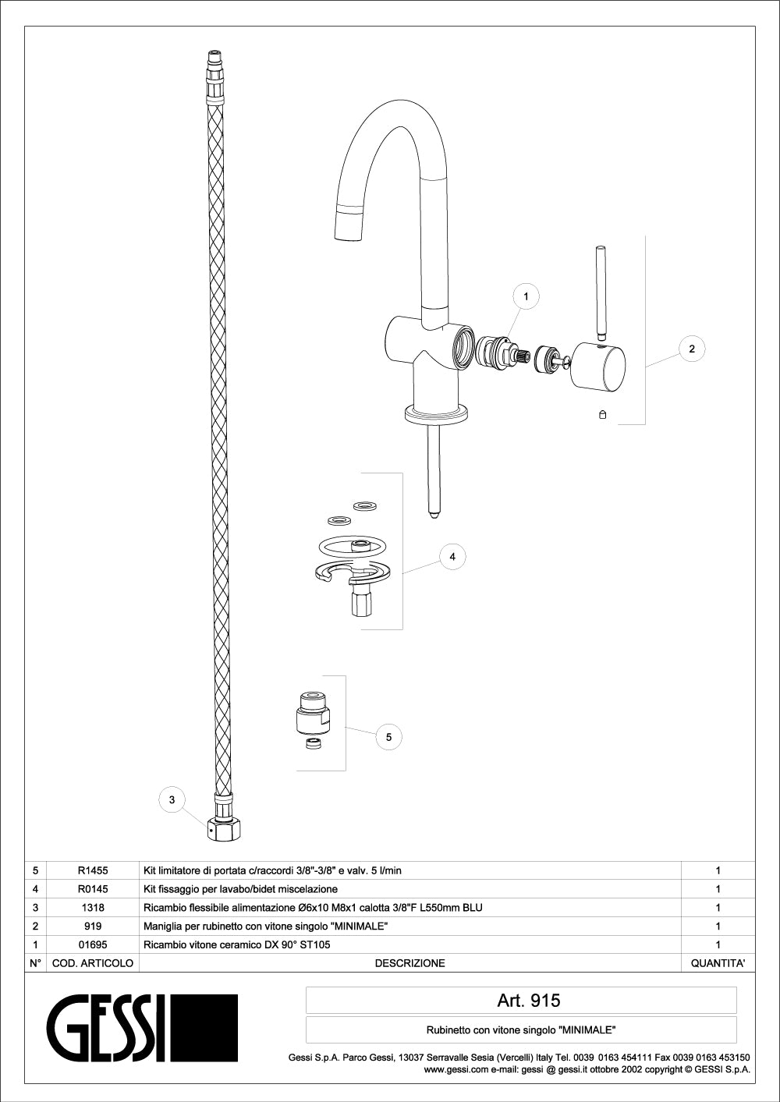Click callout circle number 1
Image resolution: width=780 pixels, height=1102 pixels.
(x=526, y=296)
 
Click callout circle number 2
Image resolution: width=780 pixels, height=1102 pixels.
(x=691, y=349)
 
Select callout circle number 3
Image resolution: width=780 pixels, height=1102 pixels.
(x=172, y=800)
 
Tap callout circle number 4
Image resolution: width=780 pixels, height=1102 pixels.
(x=452, y=556)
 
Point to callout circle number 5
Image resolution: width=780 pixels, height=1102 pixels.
(x=388, y=737)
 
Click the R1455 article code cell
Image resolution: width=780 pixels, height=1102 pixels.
(x=93, y=870)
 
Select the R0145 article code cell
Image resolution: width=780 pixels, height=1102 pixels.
(x=93, y=889)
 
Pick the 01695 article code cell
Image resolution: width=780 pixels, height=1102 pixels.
(x=93, y=944)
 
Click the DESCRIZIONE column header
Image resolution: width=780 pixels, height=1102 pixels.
(x=410, y=963)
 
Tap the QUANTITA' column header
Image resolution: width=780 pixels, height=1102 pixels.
(x=718, y=963)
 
